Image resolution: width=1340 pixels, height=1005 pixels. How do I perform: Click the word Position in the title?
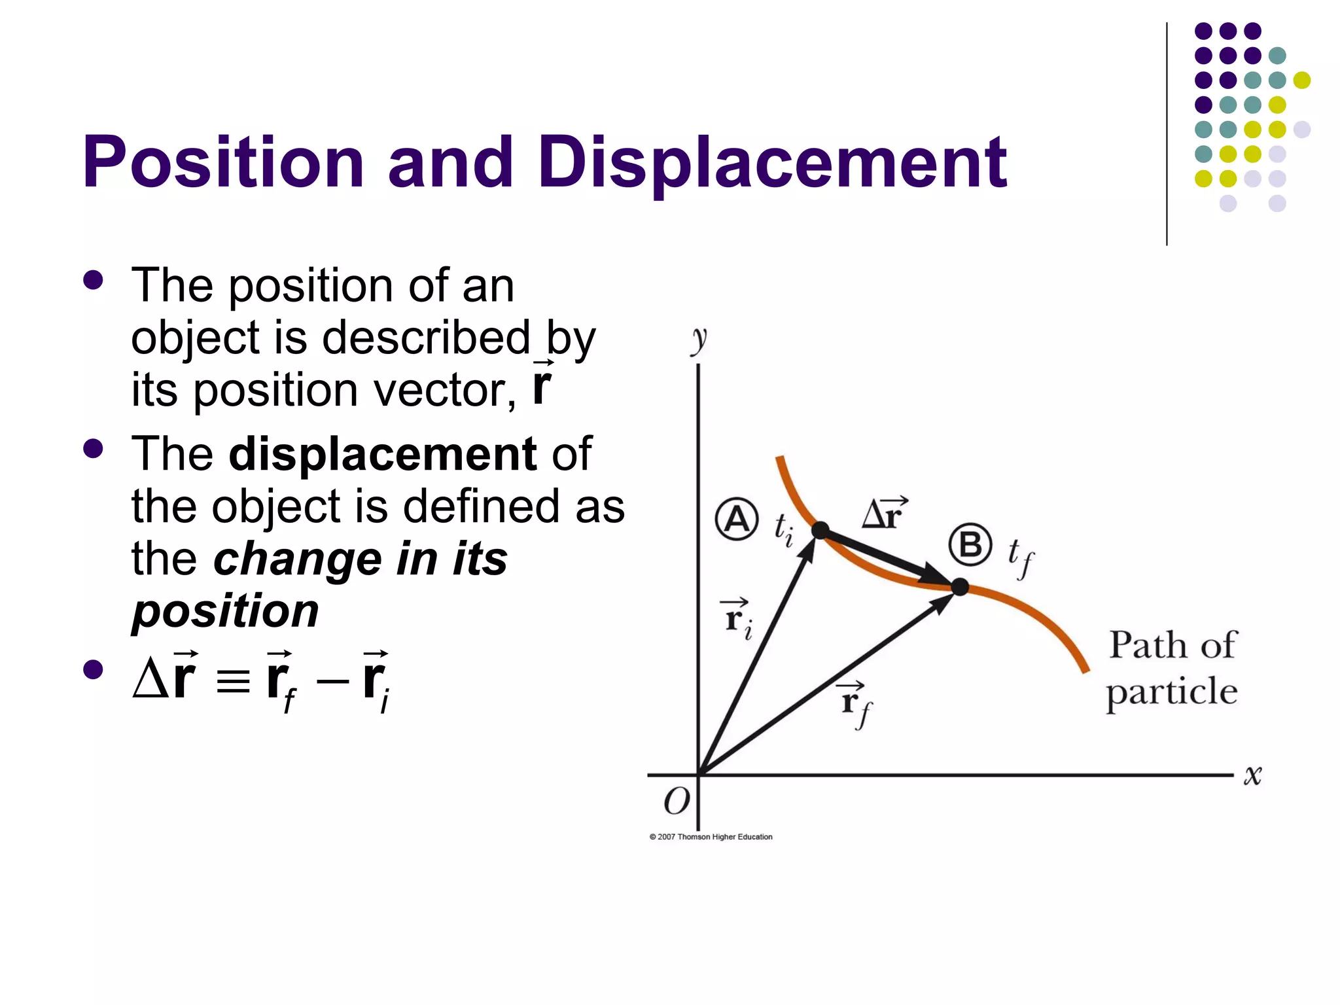coord(222,162)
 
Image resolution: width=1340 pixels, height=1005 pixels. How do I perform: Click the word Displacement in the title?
coord(772,162)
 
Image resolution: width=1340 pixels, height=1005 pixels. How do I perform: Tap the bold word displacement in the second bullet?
coord(383,453)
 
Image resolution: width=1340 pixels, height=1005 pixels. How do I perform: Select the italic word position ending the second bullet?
coord(225,610)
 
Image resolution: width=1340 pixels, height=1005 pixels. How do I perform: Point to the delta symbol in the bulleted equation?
coord(149,680)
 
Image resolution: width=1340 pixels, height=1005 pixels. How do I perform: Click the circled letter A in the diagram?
coord(737,520)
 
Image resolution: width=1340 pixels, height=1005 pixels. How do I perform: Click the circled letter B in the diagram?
coord(970,544)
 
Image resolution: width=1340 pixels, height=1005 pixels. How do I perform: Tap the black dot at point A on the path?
coord(820,529)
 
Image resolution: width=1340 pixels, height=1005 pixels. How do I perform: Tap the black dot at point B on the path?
coord(959,587)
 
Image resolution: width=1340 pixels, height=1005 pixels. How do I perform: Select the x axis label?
coord(1252,775)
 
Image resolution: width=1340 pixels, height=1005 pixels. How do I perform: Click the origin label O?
coord(677,801)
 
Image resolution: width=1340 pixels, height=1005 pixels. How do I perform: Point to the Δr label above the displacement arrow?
coord(884,513)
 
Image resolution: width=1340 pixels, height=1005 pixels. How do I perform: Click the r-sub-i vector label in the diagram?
coord(737,618)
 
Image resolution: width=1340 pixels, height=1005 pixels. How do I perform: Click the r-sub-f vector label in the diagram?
coord(855,703)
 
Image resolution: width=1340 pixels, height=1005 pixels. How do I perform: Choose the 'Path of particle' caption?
coord(1172,668)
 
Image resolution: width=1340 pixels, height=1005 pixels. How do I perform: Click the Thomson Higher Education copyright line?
coord(711,837)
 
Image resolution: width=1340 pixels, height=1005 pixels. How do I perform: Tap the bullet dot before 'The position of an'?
coord(94,280)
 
